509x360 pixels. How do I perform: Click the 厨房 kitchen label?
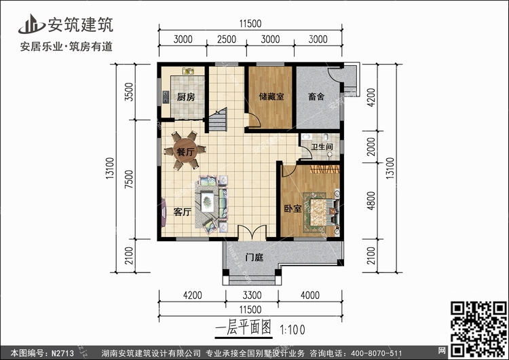tap(186, 97)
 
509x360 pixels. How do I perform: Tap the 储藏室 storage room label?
tap(271, 97)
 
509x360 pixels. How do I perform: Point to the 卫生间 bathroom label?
tap(321, 147)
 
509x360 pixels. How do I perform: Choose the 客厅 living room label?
tap(182, 212)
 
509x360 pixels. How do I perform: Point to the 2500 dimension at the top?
tap(227, 39)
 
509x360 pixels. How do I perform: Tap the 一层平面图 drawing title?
tap(244, 329)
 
